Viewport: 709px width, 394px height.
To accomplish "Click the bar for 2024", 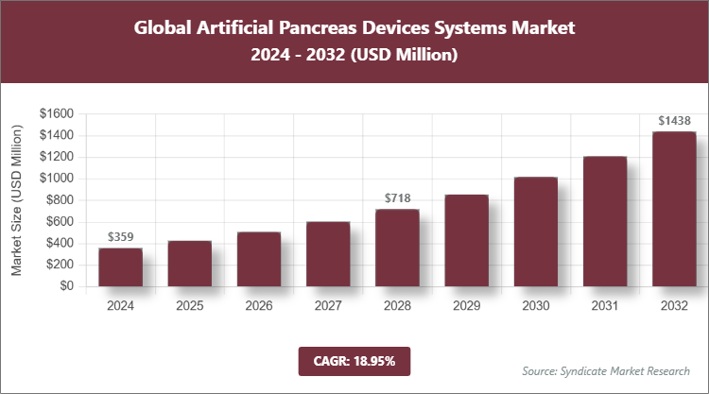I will tap(120, 267).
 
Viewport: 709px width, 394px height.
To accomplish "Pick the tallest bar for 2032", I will tap(674, 209).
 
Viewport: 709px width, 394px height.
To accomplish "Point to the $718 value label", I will tap(397, 198).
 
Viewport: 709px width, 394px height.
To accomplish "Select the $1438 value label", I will tap(674, 121).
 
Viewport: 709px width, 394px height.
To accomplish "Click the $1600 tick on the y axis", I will tap(57, 113).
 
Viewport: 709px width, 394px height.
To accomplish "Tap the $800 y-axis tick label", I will tap(60, 200).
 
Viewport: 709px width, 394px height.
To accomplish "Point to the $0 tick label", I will tap(66, 287).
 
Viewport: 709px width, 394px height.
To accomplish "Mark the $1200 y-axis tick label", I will tap(57, 157).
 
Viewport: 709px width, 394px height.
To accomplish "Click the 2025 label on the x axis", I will tap(189, 306).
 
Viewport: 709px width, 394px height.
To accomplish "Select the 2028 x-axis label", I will tap(397, 306).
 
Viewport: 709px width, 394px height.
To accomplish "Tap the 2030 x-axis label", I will tap(535, 306).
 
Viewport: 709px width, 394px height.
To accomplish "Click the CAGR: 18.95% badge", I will tap(354, 361).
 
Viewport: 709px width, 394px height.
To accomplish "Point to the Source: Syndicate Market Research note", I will tap(605, 370).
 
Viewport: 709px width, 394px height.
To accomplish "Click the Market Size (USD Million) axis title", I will tap(16, 200).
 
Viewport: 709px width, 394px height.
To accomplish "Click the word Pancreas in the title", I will tap(337, 27).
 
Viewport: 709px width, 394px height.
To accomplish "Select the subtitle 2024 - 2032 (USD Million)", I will tap(354, 56).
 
